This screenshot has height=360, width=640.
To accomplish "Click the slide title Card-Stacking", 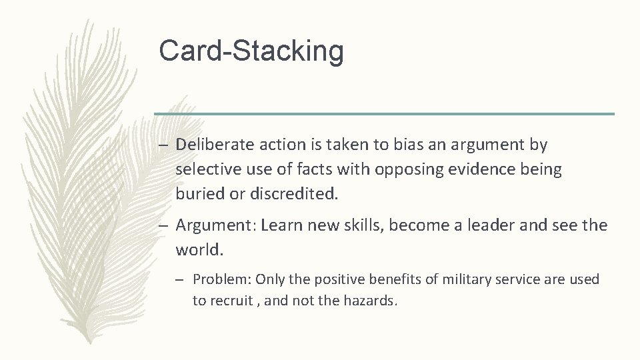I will (x=251, y=51).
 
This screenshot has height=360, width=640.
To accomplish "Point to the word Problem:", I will (x=222, y=279).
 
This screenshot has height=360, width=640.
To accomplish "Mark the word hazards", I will (x=370, y=301).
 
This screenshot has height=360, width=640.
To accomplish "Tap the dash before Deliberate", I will (x=164, y=145).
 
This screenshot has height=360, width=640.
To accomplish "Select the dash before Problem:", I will (x=185, y=280).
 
